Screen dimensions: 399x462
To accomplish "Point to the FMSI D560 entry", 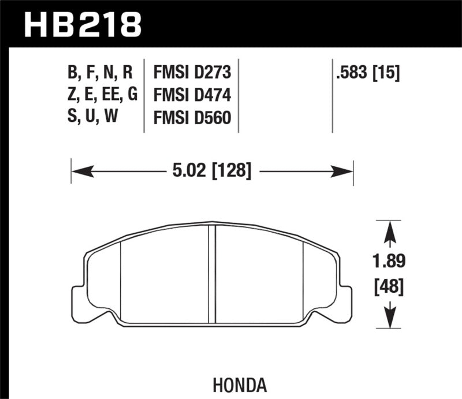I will (192, 118).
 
